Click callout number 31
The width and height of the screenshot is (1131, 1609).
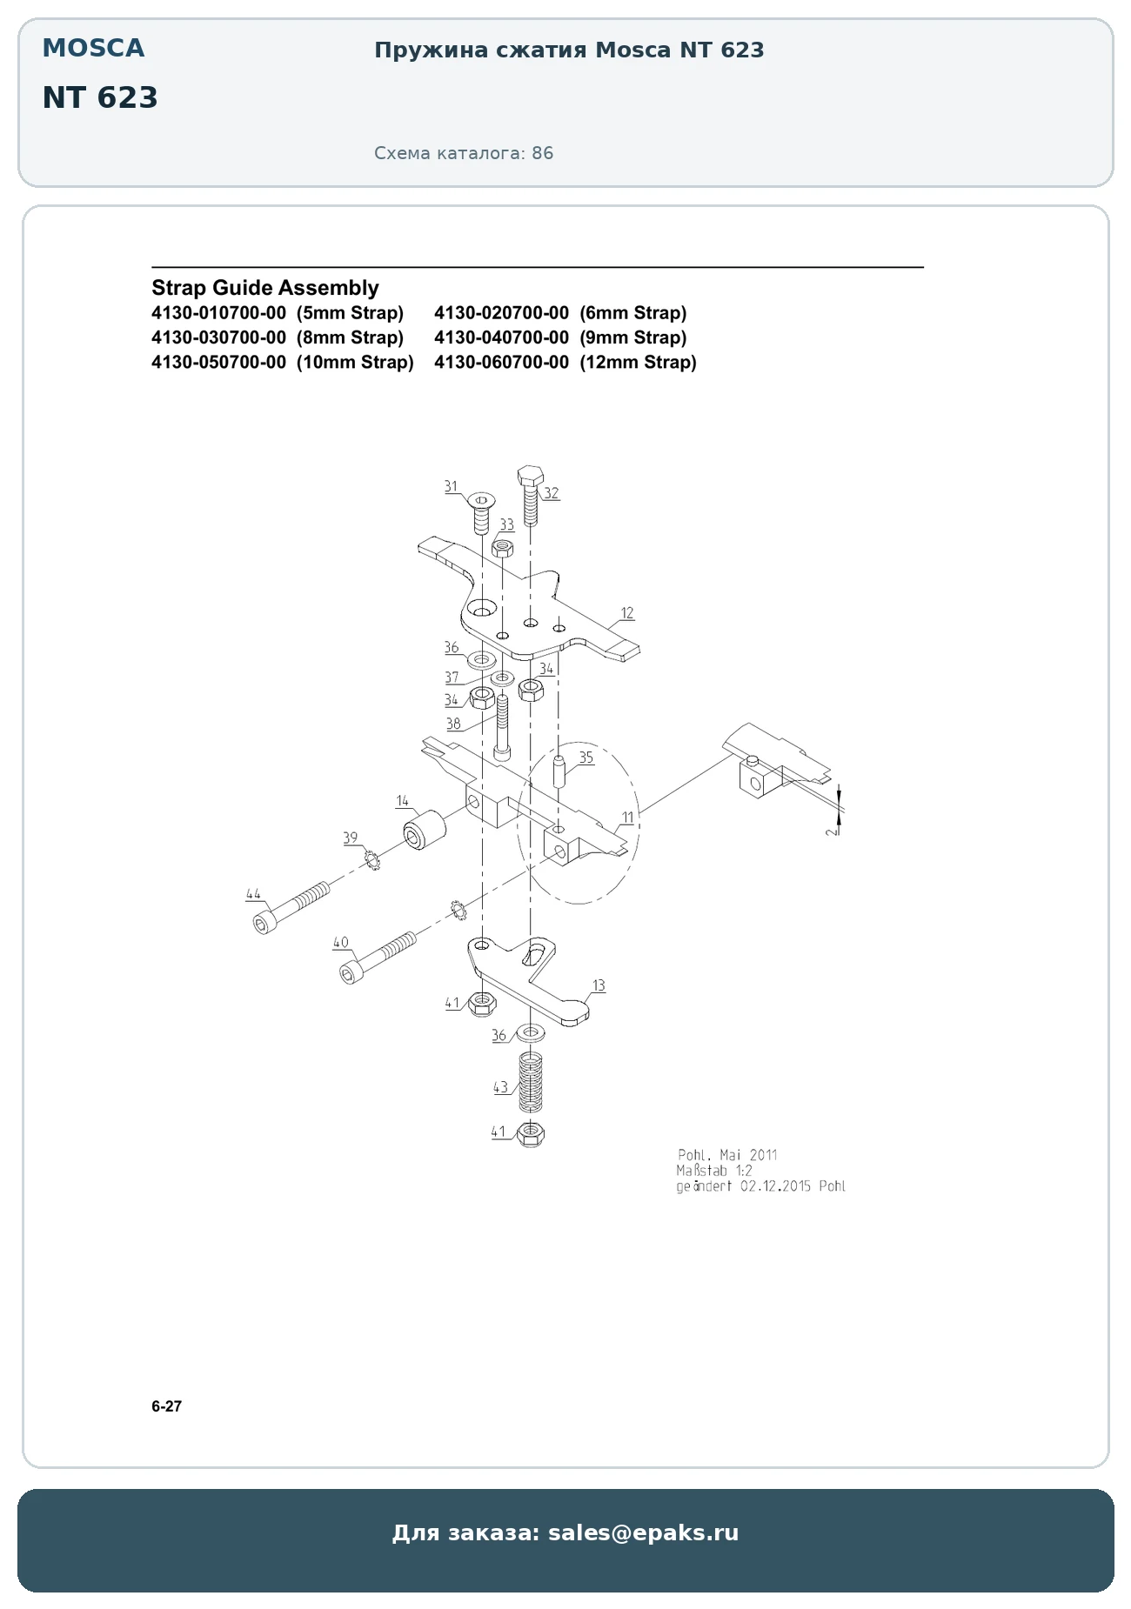[451, 486]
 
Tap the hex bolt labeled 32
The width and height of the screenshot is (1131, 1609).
[531, 495]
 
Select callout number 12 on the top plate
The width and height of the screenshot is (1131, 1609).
[627, 613]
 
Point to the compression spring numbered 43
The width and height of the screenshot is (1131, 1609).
[530, 1082]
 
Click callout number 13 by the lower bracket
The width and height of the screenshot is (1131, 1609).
[599, 985]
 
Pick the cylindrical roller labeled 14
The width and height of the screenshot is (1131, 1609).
[424, 830]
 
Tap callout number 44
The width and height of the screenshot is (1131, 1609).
[253, 894]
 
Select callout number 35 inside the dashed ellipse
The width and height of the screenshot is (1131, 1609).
[586, 758]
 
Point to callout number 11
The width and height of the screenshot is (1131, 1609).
[627, 818]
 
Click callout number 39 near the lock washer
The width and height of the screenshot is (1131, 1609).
[350, 838]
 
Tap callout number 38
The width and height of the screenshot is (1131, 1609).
[453, 723]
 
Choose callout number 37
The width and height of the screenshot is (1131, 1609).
[452, 677]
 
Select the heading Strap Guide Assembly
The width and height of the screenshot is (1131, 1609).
[265, 288]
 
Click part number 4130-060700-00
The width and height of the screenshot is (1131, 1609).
[502, 362]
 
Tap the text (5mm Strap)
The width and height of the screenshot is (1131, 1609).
[350, 312]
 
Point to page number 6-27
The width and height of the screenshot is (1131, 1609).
[167, 1406]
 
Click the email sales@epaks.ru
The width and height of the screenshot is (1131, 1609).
[643, 1532]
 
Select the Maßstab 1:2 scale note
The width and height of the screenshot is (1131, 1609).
[715, 1171]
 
